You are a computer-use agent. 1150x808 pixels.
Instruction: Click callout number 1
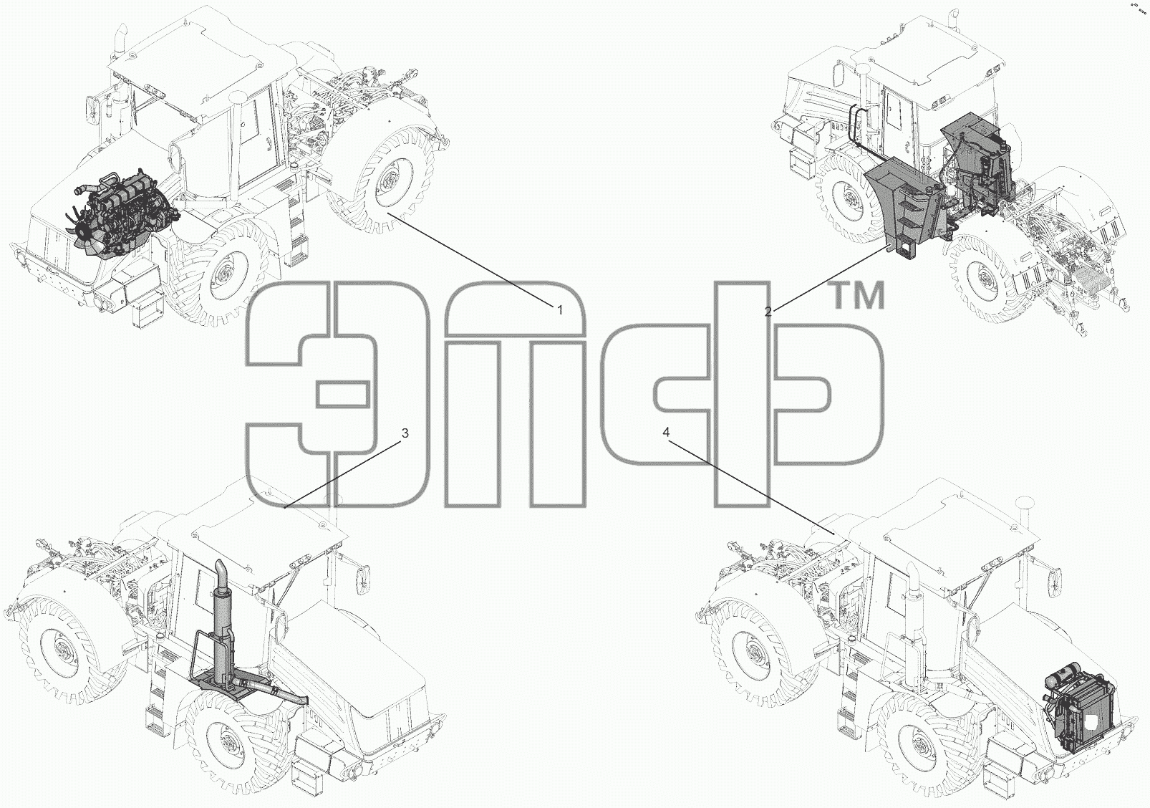click(x=560, y=310)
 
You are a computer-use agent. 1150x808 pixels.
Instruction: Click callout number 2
click(x=768, y=312)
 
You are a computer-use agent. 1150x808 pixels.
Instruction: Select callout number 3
click(x=405, y=433)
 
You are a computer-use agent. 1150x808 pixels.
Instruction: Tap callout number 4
click(x=666, y=433)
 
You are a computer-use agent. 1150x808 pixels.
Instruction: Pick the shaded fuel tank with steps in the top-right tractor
click(x=904, y=211)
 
